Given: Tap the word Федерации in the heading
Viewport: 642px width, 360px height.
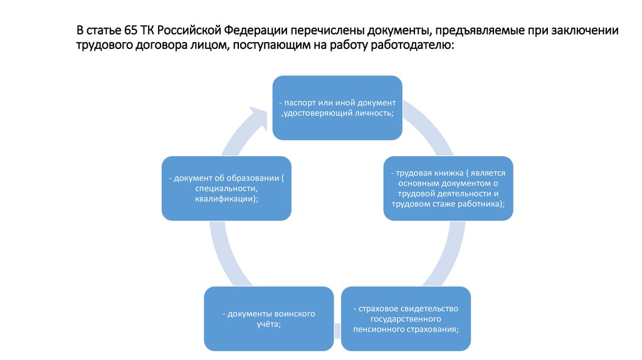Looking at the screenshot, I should pos(254,31).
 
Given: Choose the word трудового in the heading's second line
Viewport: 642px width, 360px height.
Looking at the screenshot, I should pos(102,46).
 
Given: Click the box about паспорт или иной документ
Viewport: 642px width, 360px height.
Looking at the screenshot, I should pos(337,108).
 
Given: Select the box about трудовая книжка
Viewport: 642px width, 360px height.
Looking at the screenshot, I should pos(448,188).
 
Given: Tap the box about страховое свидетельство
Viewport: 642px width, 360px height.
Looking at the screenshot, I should pos(406,318).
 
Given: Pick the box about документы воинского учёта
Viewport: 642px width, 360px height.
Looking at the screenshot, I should pos(268,318).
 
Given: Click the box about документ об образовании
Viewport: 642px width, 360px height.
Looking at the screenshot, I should pos(226,188).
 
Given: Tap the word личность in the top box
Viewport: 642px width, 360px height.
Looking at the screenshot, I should pos(374,113).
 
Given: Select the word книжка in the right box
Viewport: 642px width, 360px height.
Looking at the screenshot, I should pos(444,172).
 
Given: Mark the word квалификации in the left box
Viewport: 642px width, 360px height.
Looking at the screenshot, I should pos(226,198).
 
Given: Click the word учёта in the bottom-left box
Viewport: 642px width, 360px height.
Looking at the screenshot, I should pos(268,324).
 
